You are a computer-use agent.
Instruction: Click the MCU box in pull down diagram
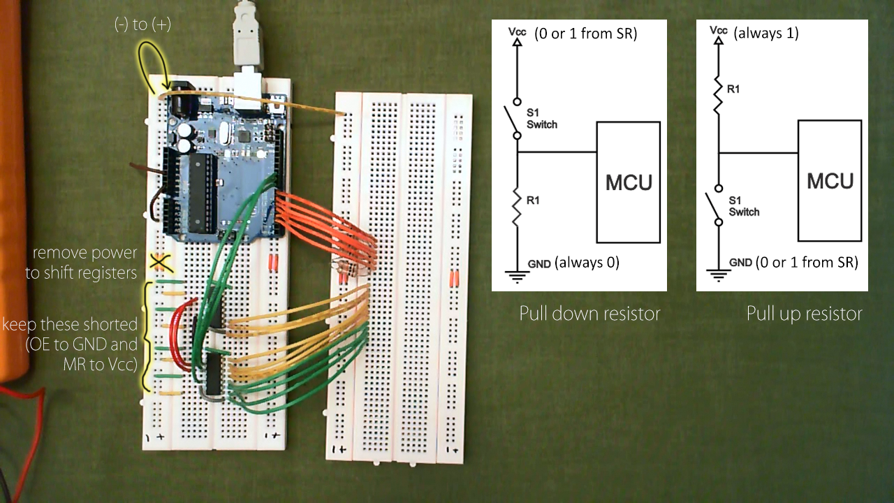coord(628,182)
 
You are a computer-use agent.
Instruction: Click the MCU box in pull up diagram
coord(830,181)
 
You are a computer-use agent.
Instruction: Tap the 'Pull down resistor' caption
coord(589,314)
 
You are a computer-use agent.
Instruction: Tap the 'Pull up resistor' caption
coord(804,314)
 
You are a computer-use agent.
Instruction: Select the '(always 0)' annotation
coord(587,263)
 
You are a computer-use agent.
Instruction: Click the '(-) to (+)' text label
coord(142,25)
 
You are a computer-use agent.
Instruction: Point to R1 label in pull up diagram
coord(733,89)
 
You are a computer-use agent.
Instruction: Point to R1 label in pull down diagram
coord(533,201)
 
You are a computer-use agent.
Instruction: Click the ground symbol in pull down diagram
coord(517,275)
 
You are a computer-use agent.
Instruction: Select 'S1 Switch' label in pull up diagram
coord(743,207)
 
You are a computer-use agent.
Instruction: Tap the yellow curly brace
coord(147,335)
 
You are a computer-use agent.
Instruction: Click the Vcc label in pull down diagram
coord(518,32)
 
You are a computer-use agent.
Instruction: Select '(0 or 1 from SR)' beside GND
coord(807,262)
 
